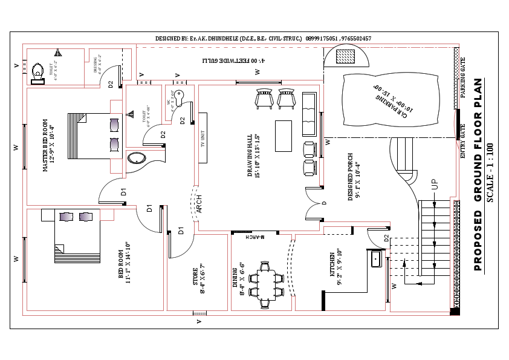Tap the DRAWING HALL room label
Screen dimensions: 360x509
253,156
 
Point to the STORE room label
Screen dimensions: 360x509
198,280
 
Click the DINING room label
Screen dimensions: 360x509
239,279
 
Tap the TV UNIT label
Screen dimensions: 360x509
204,139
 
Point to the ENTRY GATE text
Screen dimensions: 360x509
463,141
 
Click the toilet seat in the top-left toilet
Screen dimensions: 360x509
38,71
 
